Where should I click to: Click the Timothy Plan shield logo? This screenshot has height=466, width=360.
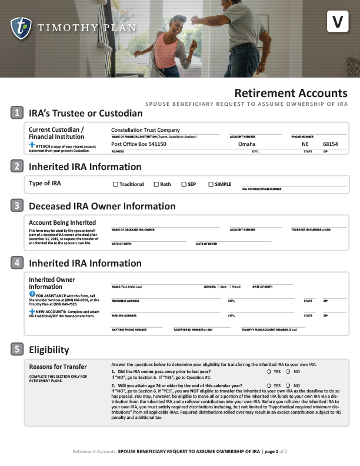(21, 27)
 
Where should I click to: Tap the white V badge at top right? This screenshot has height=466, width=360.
(337, 22)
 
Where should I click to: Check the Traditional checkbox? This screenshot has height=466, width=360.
(115, 184)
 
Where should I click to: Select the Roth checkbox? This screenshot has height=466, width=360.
(156, 184)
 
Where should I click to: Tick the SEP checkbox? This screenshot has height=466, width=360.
(184, 184)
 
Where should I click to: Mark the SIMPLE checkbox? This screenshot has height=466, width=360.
(211, 184)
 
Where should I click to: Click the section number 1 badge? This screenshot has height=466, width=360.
(18, 113)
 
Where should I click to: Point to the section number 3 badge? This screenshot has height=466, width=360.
(18, 206)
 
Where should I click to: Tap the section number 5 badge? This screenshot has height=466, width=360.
(18, 349)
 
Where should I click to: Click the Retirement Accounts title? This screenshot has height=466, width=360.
(291, 93)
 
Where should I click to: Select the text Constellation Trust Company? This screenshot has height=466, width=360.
(145, 130)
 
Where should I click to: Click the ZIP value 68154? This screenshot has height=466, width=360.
(331, 144)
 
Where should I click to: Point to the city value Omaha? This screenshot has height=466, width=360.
(246, 144)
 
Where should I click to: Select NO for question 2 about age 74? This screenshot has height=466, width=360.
(288, 385)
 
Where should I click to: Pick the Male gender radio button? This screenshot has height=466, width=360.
(218, 287)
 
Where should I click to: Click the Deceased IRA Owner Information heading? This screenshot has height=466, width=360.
(102, 207)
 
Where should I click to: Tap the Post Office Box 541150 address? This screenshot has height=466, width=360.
(139, 144)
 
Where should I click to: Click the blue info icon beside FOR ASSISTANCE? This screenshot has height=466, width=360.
(32, 293)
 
